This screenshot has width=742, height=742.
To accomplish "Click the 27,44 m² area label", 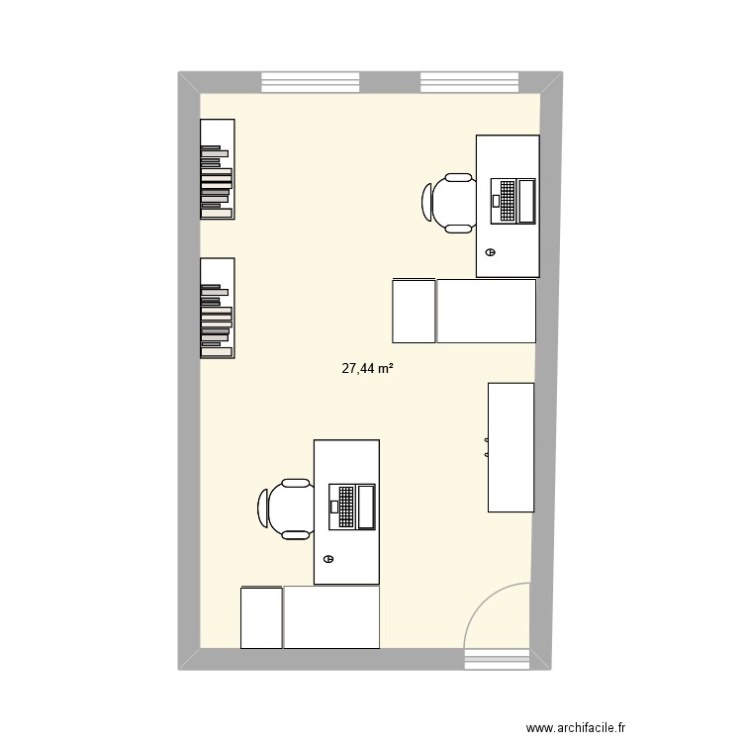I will (x=368, y=368).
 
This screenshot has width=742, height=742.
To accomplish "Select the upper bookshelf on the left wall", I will (x=218, y=168).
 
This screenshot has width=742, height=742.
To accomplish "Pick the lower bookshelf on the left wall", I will (x=218, y=308).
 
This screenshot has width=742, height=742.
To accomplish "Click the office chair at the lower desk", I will (x=286, y=509).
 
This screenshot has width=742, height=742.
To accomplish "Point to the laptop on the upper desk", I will (x=512, y=200).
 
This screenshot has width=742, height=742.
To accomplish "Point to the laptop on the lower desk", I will (x=351, y=506).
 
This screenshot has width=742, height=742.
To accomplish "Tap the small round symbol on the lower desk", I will (x=328, y=559).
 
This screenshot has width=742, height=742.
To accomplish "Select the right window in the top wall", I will (x=469, y=81).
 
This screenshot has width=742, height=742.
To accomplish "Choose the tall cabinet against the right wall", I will (x=510, y=447).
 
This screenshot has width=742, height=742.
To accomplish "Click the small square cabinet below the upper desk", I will (x=414, y=311).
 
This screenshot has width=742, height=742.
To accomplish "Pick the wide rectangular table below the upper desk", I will (x=486, y=311).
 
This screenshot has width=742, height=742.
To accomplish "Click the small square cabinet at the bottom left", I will (x=261, y=617).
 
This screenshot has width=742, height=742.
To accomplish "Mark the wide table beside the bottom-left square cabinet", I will (x=331, y=617).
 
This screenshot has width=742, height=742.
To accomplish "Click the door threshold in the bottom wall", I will (x=497, y=659).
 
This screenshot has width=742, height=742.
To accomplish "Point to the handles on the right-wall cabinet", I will (x=487, y=447).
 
